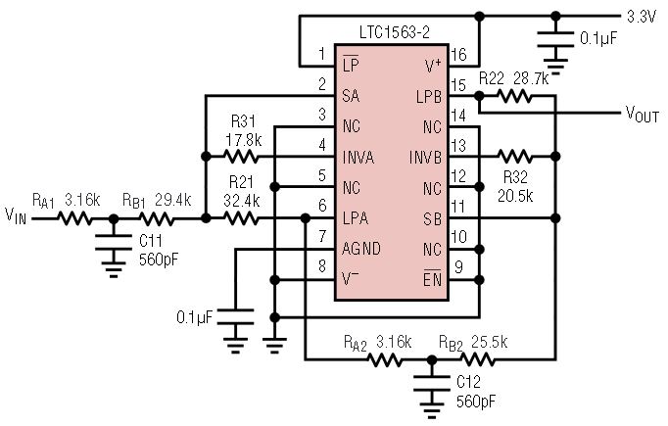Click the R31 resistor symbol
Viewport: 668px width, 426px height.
[241, 157]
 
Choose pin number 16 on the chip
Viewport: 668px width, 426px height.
[456, 54]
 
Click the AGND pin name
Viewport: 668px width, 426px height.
[362, 249]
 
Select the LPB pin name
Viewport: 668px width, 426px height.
[428, 96]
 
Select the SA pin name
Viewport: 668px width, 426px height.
[352, 96]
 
